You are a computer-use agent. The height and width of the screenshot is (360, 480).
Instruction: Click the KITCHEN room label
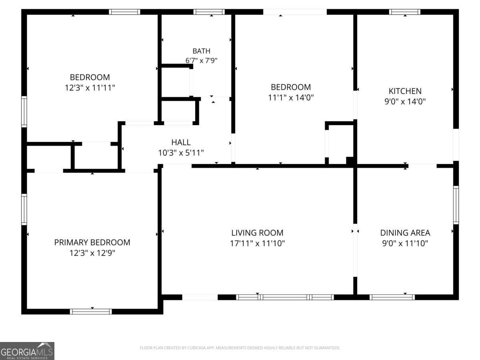coord(405,91)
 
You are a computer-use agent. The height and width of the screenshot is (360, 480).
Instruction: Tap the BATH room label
coord(202,51)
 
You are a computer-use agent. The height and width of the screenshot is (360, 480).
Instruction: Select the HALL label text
coord(181,142)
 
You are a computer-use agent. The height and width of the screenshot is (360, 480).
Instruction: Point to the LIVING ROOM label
coord(257,233)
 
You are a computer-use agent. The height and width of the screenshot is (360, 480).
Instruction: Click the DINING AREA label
coord(405,233)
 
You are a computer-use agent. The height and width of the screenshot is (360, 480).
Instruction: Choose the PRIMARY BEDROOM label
coord(92,242)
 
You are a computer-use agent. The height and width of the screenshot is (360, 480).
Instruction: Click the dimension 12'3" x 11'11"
coord(90,88)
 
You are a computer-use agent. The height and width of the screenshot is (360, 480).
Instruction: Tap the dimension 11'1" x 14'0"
coord(291,98)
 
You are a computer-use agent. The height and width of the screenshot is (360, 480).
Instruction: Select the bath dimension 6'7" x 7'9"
coord(202,60)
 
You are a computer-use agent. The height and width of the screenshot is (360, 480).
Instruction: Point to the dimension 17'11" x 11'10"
coord(257,243)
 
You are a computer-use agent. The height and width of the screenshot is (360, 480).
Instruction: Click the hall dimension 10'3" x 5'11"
coord(181,153)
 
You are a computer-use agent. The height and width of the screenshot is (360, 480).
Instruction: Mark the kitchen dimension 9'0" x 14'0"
coord(405,102)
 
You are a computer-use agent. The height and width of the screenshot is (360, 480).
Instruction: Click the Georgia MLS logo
coord(27,351)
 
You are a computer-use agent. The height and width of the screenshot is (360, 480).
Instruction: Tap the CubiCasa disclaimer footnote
coord(240,348)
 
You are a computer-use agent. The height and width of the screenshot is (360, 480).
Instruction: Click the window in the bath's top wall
coord(209,12)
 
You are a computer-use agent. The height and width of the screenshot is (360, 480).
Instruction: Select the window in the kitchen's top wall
coord(404,12)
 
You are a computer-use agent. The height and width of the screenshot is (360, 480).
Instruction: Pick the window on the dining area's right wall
coord(456,205)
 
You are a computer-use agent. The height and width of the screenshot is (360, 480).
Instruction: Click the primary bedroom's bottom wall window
coord(91,312)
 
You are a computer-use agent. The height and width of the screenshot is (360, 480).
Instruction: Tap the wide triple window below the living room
coord(285,297)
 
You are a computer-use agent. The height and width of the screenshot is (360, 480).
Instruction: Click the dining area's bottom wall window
coord(392,297)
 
